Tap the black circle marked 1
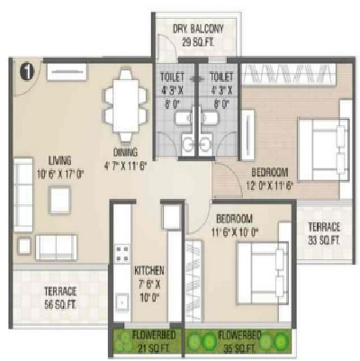[x=26, y=68]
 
